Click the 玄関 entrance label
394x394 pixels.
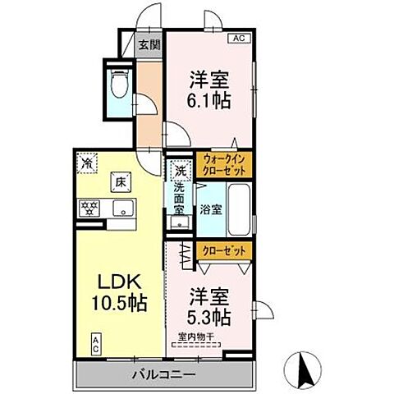tap(149, 46)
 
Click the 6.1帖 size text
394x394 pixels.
tap(209, 101)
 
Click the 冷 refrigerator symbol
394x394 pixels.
tap(87, 163)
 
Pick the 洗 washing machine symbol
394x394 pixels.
tap(180, 172)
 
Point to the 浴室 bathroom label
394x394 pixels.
tap(210, 209)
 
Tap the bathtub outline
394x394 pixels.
tap(239, 209)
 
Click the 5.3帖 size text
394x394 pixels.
tap(209, 314)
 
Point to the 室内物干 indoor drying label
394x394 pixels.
tap(197, 336)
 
